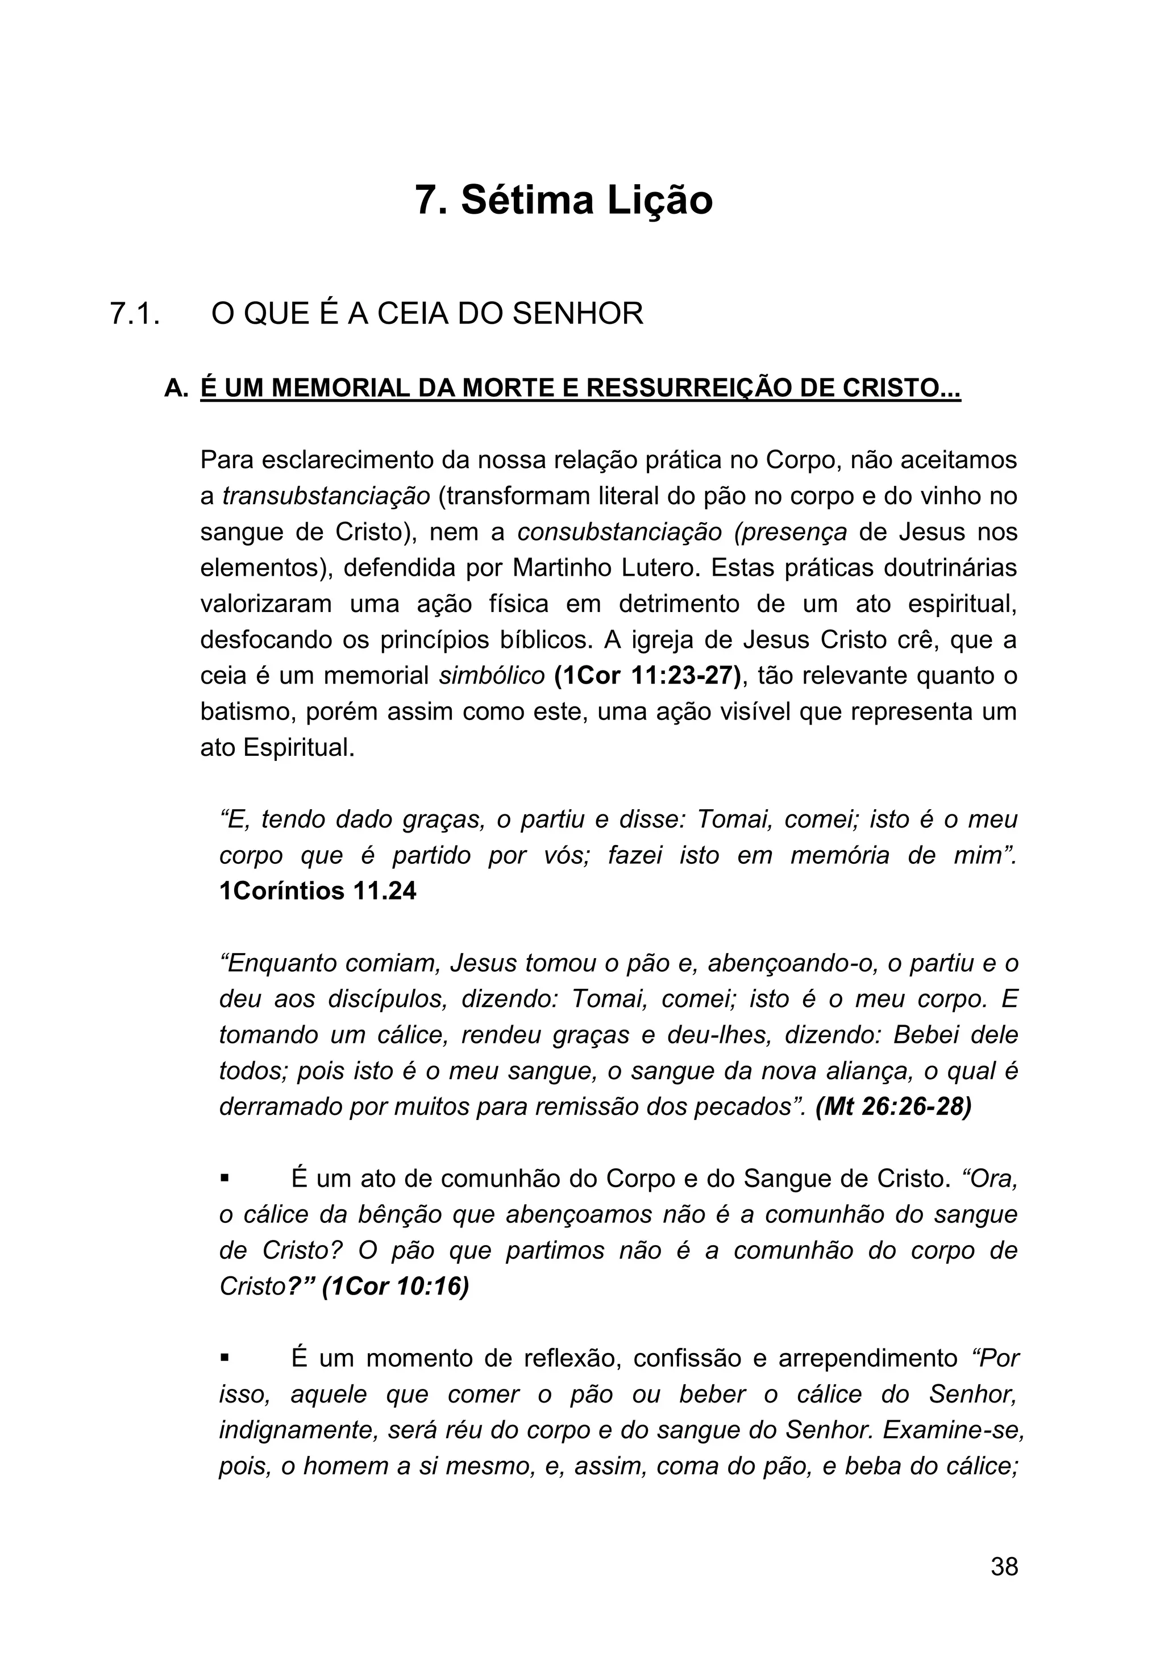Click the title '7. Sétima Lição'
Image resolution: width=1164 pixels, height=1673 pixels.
click(563, 201)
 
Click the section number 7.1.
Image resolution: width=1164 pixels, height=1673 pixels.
click(134, 314)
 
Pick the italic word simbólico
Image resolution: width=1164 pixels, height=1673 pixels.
click(492, 676)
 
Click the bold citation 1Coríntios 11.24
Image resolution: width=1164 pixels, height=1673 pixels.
click(318, 891)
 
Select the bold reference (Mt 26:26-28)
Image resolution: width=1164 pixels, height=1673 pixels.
click(893, 1107)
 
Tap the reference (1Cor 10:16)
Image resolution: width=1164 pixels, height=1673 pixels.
click(395, 1287)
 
